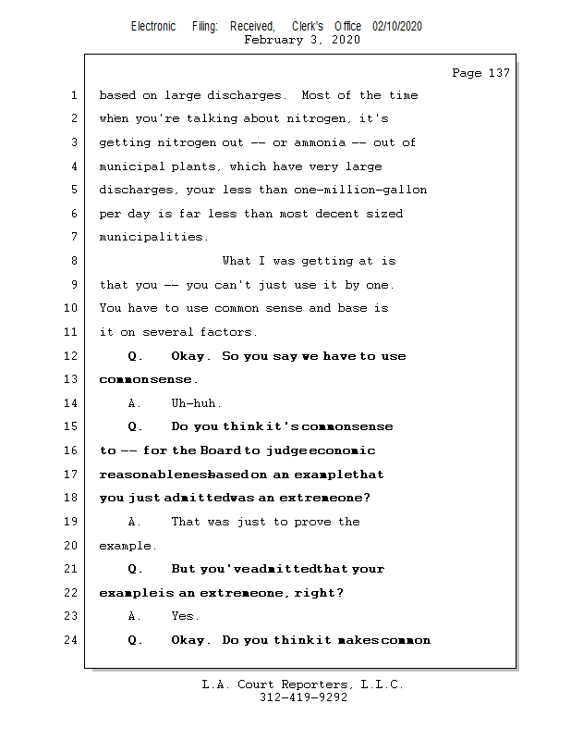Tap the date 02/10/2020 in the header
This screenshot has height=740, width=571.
397,27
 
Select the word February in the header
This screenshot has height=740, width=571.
273,40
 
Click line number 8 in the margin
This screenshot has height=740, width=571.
73,261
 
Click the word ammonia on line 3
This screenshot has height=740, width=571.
320,142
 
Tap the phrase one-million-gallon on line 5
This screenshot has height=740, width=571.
367,190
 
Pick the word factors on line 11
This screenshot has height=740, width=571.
229,332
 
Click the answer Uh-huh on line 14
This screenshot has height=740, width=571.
196,403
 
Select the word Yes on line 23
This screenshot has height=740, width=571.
185,616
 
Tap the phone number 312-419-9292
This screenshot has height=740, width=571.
303,698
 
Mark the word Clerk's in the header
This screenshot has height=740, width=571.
308,27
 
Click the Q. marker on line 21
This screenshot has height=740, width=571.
136,569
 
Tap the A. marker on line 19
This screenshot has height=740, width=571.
136,522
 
